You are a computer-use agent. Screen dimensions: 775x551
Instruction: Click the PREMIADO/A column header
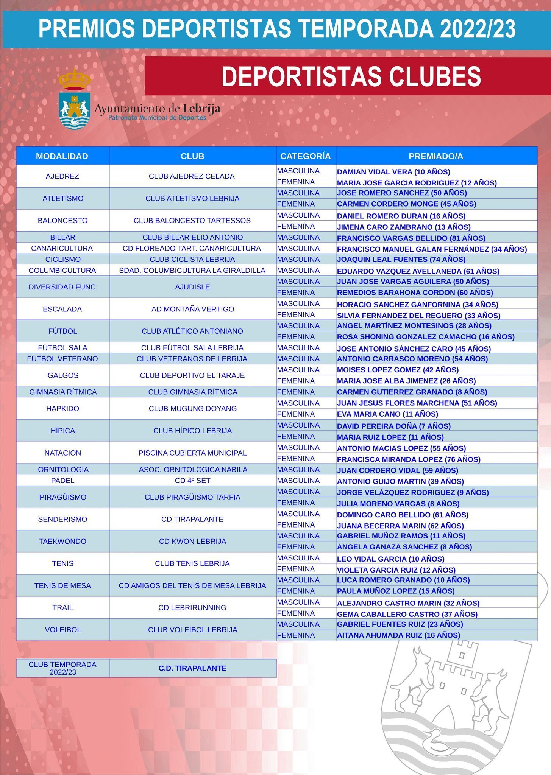tap(436, 156)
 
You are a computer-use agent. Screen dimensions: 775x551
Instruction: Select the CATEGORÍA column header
tap(305, 156)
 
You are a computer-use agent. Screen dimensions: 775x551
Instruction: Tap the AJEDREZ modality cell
tap(62, 176)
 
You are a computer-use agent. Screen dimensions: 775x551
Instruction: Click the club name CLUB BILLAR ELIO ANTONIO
tap(192, 237)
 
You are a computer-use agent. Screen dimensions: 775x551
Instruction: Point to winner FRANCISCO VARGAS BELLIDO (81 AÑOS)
tap(411, 238)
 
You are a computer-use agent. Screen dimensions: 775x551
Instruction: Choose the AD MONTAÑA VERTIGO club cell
tap(192, 309)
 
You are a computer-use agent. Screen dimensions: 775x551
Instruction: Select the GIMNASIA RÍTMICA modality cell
tap(63, 392)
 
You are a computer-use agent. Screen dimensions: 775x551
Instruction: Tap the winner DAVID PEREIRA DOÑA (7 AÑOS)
tap(394, 426)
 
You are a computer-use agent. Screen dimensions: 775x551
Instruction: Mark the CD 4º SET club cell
tap(192, 481)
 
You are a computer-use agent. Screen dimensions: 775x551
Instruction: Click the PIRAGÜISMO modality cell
tap(63, 497)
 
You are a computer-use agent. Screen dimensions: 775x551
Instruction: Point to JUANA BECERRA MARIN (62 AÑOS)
tap(400, 526)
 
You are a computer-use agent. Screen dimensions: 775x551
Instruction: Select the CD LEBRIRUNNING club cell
tap(192, 608)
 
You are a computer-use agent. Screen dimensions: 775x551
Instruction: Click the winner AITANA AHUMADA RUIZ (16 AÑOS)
tap(398, 635)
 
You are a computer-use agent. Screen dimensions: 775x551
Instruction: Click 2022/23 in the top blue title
tap(477, 29)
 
